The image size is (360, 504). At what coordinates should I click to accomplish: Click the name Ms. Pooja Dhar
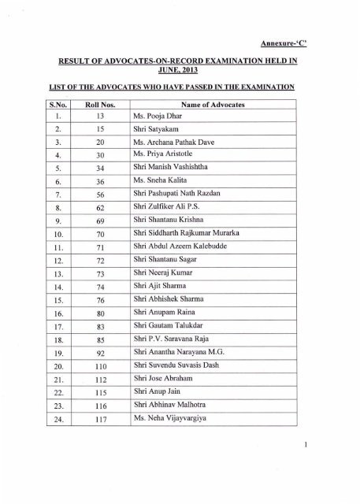click(x=158, y=118)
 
